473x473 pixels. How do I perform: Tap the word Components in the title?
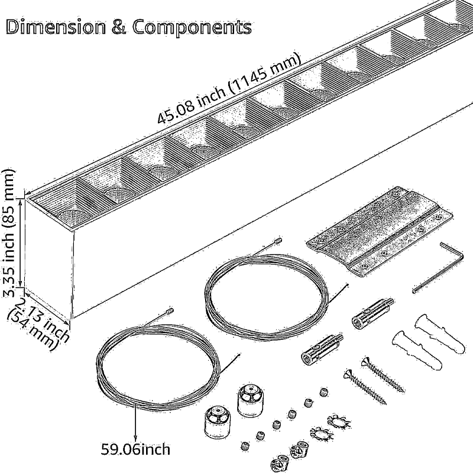pos(192,27)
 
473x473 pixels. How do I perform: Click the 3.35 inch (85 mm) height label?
pos(9,233)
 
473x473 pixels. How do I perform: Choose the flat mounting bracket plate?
pos(381,231)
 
